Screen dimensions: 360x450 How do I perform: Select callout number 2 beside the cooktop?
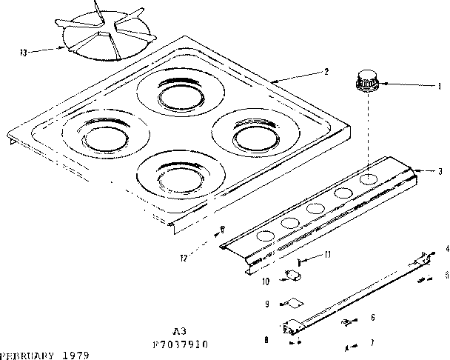tap(326, 73)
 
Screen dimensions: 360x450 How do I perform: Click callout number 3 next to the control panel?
tap(441, 171)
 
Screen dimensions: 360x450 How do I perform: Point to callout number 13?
tap(24, 52)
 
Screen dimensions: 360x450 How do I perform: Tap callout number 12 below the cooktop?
tap(183, 257)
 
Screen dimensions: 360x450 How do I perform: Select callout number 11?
tap(326, 255)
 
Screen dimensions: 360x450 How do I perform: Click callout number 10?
tap(264, 281)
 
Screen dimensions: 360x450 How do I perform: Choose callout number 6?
tap(372, 317)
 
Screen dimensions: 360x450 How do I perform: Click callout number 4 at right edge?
tap(446, 249)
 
